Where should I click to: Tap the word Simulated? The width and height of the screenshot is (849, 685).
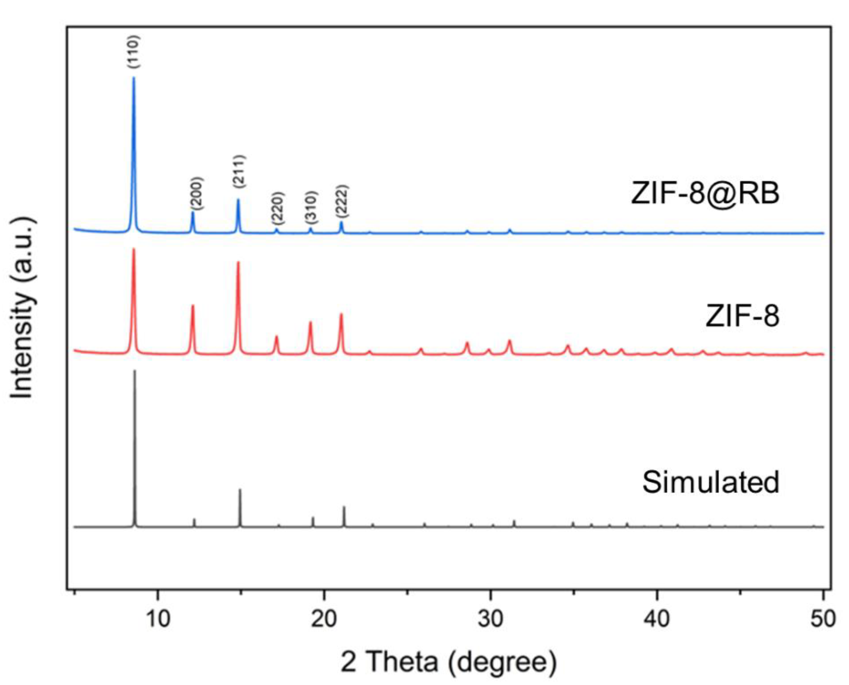pos(711,482)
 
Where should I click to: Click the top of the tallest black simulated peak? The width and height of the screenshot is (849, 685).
pos(135,371)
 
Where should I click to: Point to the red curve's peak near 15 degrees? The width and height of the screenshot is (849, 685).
pos(238,262)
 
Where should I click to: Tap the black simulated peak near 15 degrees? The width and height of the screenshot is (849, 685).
pos(240,490)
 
